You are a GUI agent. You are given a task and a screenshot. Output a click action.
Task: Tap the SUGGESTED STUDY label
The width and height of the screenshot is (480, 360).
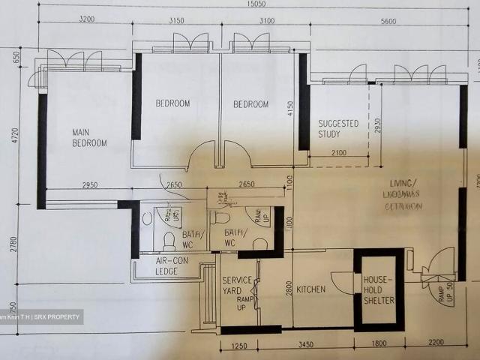click(x=338, y=128)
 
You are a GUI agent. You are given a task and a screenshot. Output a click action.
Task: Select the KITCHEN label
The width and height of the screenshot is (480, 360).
click(x=310, y=289)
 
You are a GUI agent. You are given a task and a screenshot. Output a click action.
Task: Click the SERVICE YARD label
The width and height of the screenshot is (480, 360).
click(x=237, y=289)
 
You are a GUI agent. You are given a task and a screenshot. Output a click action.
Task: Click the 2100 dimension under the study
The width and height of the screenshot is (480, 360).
click(x=338, y=154)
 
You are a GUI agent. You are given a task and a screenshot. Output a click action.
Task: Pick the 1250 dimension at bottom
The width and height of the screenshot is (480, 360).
click(x=239, y=346)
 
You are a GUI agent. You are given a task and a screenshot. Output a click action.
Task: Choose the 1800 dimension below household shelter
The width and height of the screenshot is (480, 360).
click(x=376, y=346)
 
